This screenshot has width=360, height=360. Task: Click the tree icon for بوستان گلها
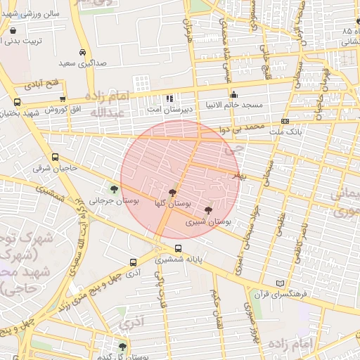173,192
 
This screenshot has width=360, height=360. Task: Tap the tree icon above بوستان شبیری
207,210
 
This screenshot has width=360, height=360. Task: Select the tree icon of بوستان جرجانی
113,188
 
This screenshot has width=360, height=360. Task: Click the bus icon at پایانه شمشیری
178,248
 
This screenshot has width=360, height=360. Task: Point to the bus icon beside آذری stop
133,262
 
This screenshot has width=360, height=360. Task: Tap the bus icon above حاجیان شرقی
56,157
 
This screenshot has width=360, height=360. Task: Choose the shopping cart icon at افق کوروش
64,100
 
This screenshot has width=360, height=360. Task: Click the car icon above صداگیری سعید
83,53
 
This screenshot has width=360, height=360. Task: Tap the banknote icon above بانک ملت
284,121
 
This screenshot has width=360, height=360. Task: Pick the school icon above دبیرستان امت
169,98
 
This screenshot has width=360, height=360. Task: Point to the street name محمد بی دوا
240,129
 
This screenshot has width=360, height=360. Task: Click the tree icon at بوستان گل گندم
122,347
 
